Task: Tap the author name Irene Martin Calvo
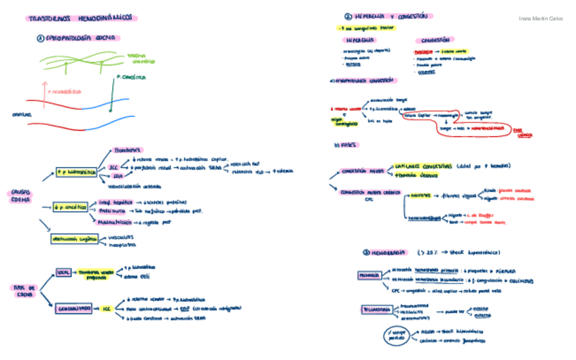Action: (540, 18)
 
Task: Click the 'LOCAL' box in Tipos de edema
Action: (63, 272)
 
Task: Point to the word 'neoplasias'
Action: (122, 245)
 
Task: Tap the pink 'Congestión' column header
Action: (435, 40)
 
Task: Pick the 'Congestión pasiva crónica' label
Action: (366, 192)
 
